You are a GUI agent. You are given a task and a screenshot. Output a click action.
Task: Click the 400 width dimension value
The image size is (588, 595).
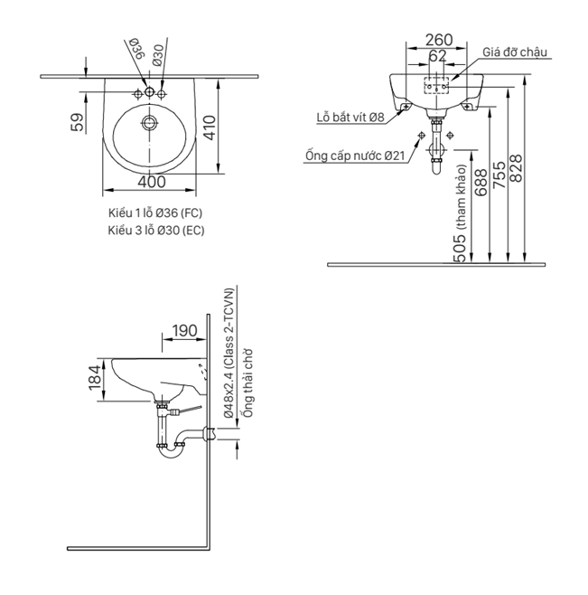152,181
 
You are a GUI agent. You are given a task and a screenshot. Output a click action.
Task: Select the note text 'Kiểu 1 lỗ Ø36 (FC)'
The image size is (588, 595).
154,212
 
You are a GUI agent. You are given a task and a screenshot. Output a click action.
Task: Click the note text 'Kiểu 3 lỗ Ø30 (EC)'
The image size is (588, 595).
155,231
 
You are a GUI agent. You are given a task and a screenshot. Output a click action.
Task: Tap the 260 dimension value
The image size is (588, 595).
437,40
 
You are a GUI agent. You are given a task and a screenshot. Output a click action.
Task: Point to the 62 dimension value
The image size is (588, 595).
437,56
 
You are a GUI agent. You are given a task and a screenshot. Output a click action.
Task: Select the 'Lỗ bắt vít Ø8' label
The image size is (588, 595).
350,117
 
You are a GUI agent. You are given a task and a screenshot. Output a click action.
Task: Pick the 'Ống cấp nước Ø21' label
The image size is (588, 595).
354,156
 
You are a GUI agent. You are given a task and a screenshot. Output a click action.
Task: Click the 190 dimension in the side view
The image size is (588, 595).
183,331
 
